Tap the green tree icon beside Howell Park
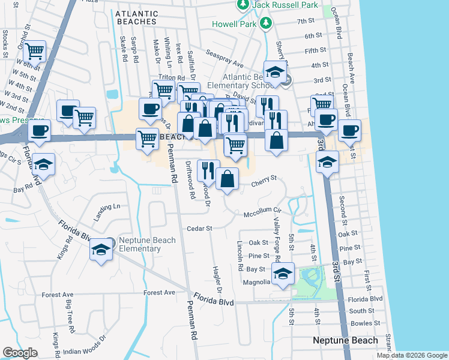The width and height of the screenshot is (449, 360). pos(266,23)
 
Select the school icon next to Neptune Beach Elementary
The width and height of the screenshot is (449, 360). pos(101,249)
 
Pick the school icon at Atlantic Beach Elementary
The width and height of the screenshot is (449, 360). pos(276,73)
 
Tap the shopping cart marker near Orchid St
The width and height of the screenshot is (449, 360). pos(35,52)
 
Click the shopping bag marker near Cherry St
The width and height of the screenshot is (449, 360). pos(228,179)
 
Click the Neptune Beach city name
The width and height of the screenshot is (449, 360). pos(345,340)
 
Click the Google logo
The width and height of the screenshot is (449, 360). pos(20,353)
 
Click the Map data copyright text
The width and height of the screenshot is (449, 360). pos(412,355)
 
